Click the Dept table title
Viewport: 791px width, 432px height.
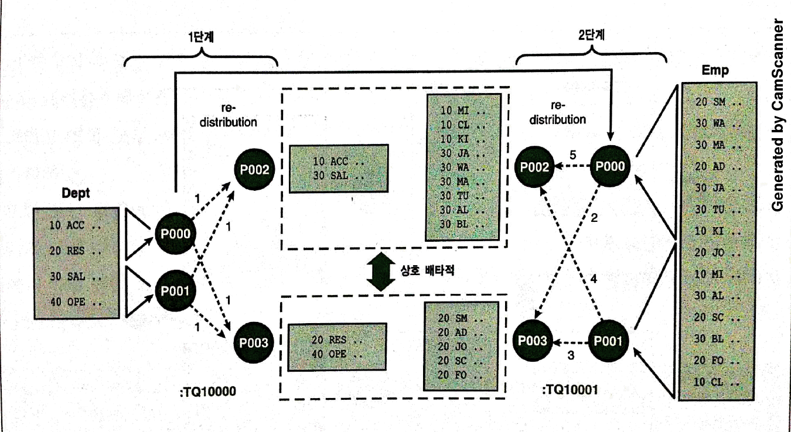point(76,194)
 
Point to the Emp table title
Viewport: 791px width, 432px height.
point(715,71)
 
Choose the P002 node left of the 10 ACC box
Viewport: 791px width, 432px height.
point(254,170)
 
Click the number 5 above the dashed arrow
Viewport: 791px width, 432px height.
point(574,155)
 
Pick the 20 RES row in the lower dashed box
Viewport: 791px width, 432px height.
point(337,340)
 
